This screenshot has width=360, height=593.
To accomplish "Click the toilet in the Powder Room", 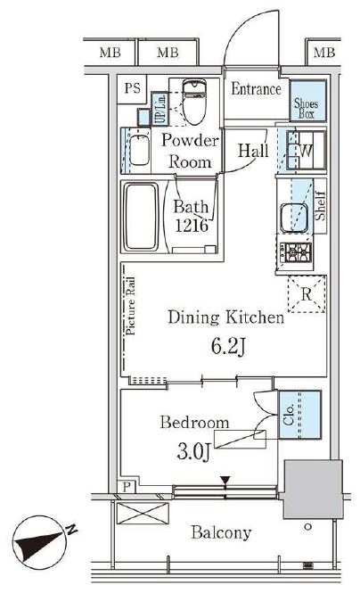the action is (194, 102).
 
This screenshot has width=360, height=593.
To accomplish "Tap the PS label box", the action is (132, 89).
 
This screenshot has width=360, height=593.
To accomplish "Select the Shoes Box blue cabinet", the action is (307, 101).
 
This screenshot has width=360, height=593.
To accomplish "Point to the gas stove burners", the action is (296, 251).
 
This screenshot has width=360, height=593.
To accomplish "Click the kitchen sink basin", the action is (293, 218).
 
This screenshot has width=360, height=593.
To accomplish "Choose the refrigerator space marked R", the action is (307, 294).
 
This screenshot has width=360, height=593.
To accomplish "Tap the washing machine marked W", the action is (306, 150).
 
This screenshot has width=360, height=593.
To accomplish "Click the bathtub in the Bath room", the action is (141, 217).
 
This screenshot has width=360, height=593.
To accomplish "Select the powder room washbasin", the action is (139, 150).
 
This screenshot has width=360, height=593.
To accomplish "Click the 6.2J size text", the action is (228, 346).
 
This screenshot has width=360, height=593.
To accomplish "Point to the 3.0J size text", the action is (193, 451).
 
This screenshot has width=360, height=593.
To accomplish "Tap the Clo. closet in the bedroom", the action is (299, 415).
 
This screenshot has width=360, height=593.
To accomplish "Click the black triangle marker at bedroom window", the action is (225, 481).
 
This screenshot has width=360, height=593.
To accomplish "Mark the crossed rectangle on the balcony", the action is (143, 514).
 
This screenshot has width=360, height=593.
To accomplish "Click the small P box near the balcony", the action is (127, 486).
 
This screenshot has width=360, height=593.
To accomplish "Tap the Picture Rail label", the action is (130, 306).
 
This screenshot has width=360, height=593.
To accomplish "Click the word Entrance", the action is (256, 89).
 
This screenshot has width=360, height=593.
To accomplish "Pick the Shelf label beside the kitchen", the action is (320, 206).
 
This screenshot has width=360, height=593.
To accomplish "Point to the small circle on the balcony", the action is (307, 526).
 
